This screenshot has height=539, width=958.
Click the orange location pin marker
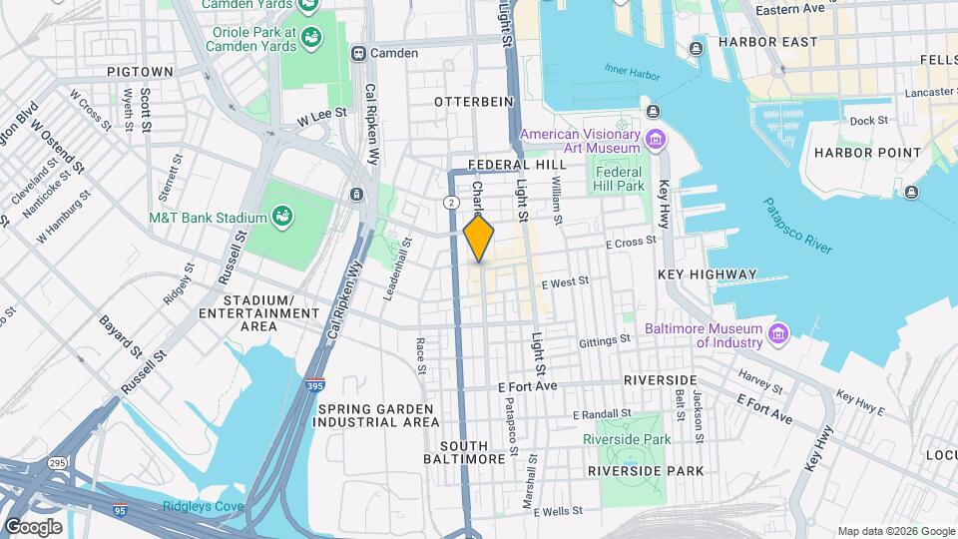(x=479, y=239)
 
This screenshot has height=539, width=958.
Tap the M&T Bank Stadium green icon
(x=282, y=217)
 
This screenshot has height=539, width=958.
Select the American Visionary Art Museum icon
(x=655, y=138)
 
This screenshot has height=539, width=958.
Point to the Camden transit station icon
(x=357, y=52)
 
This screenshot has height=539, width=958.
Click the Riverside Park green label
(x=627, y=439)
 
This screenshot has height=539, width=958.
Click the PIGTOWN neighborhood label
(x=140, y=72)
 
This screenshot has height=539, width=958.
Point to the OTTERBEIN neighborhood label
(x=473, y=102)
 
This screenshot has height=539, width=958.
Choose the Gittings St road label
(x=605, y=341)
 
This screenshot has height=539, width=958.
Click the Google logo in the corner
(x=33, y=526)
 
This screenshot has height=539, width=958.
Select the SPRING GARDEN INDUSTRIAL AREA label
(x=374, y=415)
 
